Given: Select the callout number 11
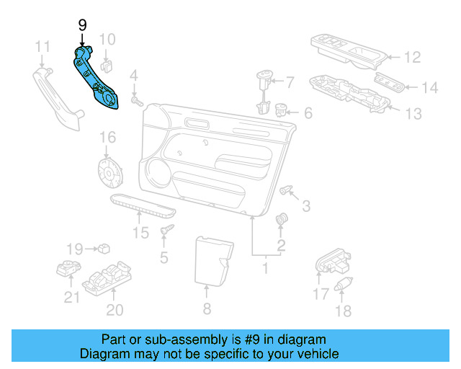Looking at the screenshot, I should pos(42,48).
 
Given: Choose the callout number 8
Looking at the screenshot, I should pos(207,309).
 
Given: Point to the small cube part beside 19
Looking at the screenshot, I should pos(104,249).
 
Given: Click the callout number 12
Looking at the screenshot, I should pos(411,57).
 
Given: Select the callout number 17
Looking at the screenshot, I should pos(321,293).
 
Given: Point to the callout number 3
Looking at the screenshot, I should pos(305,207).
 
